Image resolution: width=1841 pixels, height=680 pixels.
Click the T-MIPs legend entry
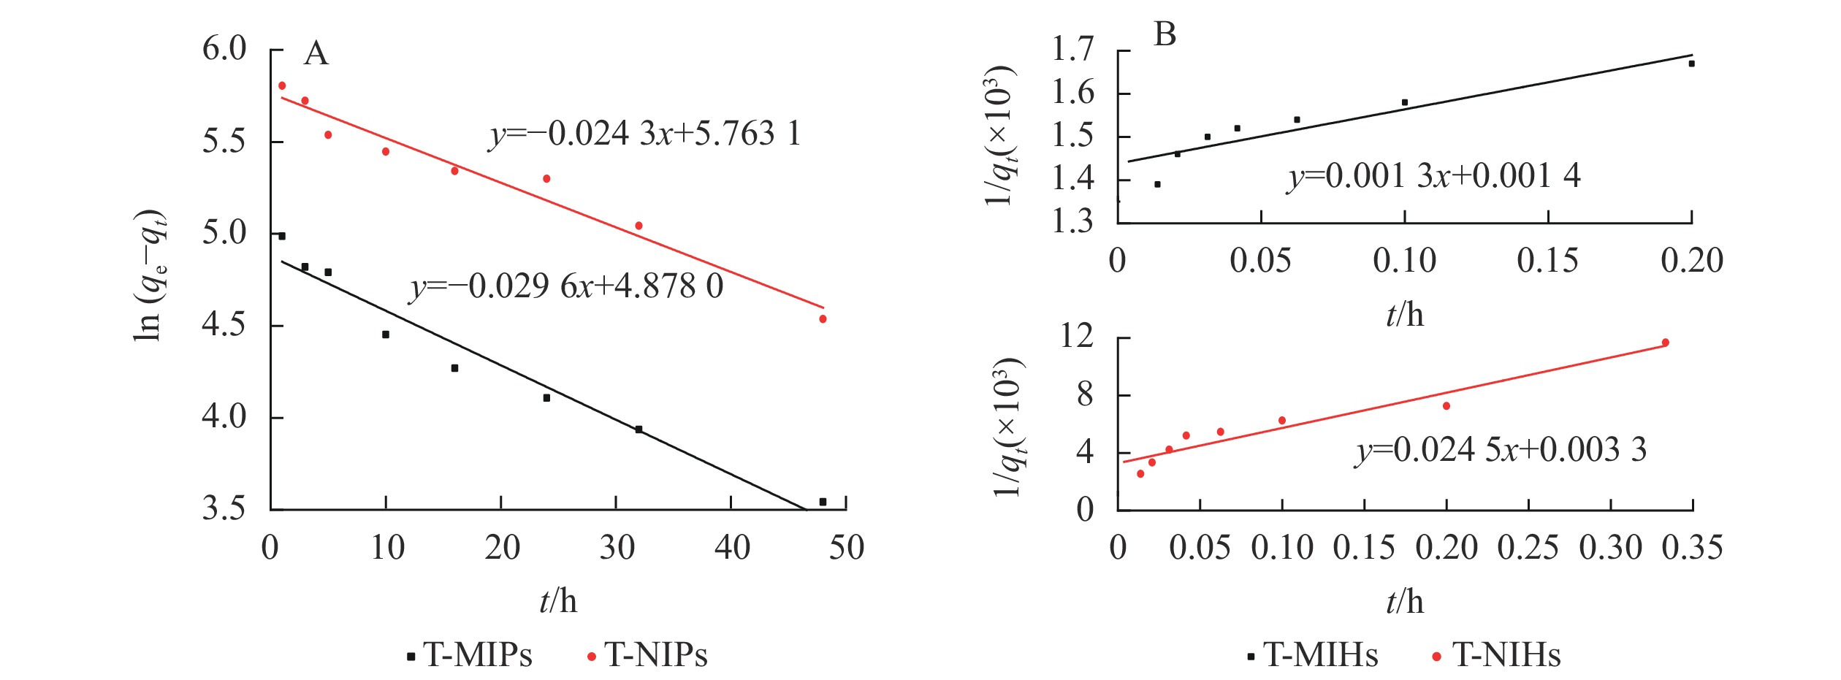coord(470,655)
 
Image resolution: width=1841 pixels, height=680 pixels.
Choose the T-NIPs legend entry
coord(648,655)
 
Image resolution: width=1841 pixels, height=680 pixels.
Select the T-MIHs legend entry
coord(1313,655)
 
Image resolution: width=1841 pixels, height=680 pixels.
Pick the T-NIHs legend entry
coord(1497,655)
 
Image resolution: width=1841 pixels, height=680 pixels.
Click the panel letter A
coord(316,54)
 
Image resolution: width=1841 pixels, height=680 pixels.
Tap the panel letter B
coord(1165,34)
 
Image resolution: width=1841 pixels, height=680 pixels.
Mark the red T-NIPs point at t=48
coord(823,319)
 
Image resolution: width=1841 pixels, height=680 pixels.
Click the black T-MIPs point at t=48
coord(823,502)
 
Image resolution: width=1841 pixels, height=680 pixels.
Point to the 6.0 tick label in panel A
coord(224,50)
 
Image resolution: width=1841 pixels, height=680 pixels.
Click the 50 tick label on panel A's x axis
coord(846,548)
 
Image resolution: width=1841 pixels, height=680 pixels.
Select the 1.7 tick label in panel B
coord(1072,50)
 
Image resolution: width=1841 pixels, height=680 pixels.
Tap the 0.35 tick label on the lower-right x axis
coord(1692,548)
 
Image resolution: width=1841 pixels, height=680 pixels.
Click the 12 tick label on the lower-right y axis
coord(1077,337)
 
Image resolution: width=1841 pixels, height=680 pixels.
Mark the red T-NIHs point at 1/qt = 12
coord(1665,343)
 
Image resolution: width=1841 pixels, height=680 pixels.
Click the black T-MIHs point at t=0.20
coord(1691,64)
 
